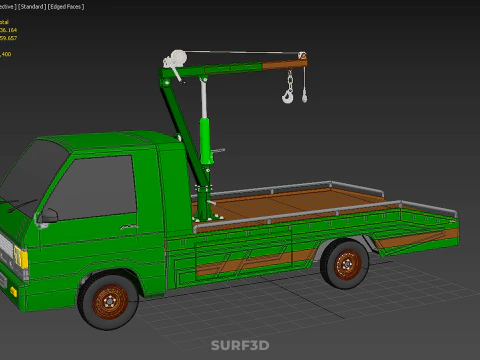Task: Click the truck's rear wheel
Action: [x=346, y=265]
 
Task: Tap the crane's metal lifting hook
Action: [x=289, y=96]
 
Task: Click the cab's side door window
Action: [x=96, y=186]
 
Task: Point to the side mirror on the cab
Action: [x=48, y=215]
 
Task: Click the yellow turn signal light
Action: [x=22, y=258]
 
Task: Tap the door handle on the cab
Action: [x=144, y=233]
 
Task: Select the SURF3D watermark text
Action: [x=239, y=346]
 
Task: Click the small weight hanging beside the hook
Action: [x=304, y=96]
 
